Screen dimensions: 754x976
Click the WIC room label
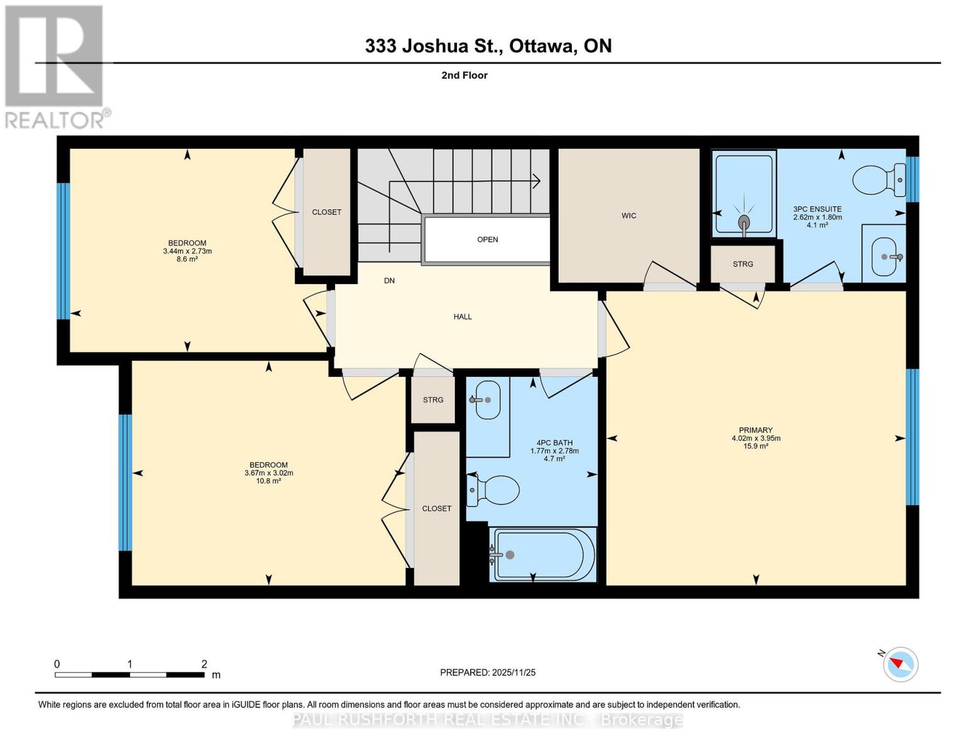click(x=628, y=216)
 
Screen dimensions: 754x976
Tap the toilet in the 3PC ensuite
click(x=879, y=180)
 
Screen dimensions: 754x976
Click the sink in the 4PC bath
click(x=486, y=400)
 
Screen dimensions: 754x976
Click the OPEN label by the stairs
click(x=487, y=239)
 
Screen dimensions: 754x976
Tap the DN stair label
click(x=389, y=280)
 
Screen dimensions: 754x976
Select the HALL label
click(x=463, y=317)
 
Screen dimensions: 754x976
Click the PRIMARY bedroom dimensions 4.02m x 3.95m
click(x=755, y=439)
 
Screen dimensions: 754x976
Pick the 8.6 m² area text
click(x=187, y=259)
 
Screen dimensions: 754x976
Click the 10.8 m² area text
click(x=268, y=481)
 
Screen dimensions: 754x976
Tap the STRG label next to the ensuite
click(x=742, y=264)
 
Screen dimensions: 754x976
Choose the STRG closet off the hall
click(x=433, y=400)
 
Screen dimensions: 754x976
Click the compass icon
click(x=900, y=664)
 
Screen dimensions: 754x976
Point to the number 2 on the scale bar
click(x=204, y=664)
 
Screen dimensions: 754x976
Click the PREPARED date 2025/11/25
click(x=513, y=672)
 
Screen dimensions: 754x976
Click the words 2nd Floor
click(x=464, y=75)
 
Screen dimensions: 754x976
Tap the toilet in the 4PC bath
click(x=495, y=489)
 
